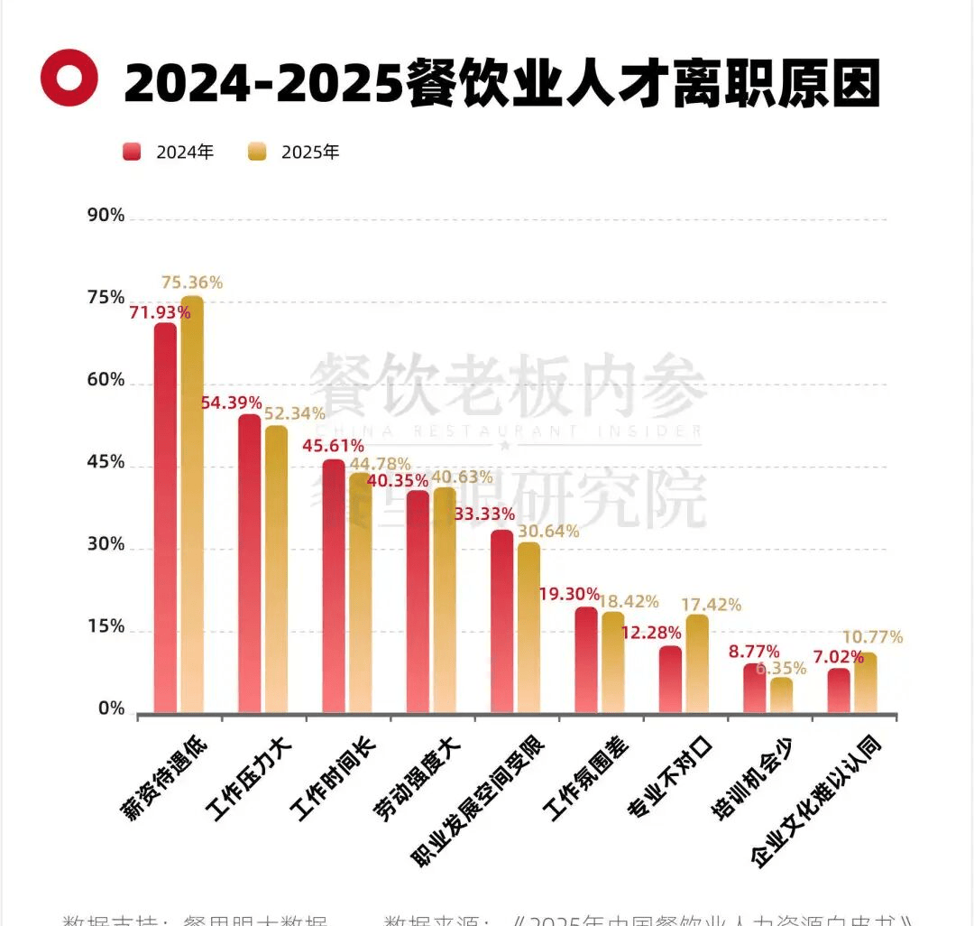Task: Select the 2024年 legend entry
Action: (169, 152)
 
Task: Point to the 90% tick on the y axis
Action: (106, 216)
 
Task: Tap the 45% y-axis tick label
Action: (106, 463)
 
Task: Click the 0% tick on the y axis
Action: (111, 710)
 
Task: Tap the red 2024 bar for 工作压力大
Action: (249, 563)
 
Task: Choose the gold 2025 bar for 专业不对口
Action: (697, 663)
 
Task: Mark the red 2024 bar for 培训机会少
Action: (754, 688)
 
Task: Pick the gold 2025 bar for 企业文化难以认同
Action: (865, 682)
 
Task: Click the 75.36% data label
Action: (192, 282)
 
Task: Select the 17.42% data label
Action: (712, 604)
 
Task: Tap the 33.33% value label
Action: (484, 514)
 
